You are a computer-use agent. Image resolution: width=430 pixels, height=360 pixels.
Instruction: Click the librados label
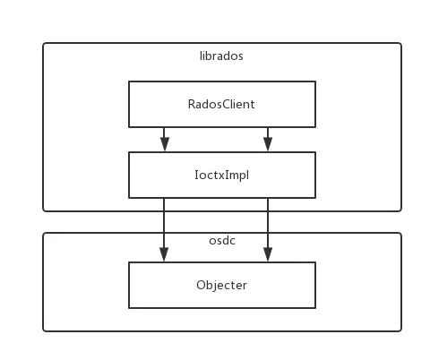click(220, 56)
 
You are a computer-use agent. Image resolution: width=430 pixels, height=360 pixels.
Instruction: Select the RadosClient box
click(221, 104)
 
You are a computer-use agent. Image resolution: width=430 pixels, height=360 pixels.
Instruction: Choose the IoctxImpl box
click(221, 175)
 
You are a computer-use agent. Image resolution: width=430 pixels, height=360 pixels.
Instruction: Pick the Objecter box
click(221, 285)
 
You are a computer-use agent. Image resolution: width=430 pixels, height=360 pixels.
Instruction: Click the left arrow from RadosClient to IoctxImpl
click(163, 139)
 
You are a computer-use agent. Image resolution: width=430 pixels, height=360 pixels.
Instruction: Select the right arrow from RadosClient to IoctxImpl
click(268, 139)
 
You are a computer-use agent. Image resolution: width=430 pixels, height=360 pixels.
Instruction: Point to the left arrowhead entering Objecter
click(163, 255)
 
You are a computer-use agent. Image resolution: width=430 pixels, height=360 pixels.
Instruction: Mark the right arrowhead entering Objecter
click(268, 255)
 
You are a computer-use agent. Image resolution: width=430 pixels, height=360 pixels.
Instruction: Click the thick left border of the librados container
click(39, 125)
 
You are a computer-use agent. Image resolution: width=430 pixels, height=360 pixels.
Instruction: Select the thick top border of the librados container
click(221, 39)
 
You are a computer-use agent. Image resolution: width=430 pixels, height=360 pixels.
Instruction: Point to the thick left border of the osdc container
click(39, 282)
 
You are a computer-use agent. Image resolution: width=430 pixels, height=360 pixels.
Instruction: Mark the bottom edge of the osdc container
click(221, 334)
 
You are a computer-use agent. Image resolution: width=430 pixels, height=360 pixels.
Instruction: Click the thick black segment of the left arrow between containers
click(161, 221)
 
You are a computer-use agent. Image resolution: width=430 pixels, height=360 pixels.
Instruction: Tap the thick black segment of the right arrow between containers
click(268, 221)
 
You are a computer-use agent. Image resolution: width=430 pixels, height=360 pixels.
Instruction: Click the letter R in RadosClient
click(191, 104)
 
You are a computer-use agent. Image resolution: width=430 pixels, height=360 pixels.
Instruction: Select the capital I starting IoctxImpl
click(196, 175)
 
